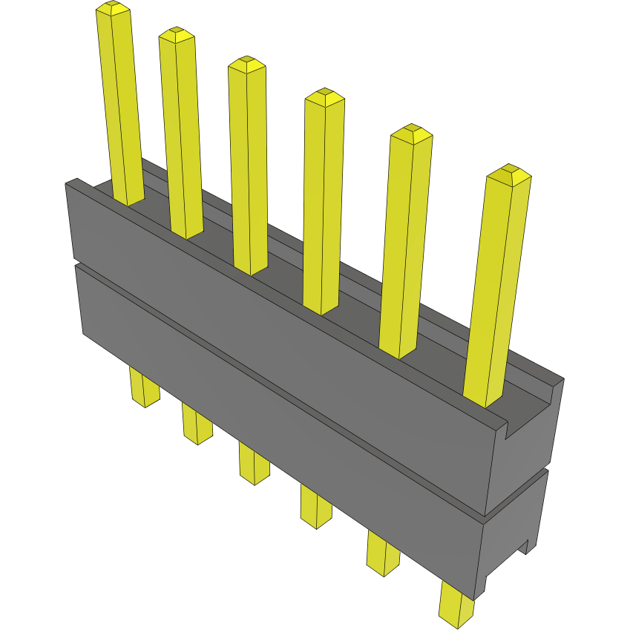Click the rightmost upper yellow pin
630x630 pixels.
(x=496, y=289)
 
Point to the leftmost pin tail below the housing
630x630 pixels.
(x=144, y=387)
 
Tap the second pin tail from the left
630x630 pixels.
(x=197, y=424)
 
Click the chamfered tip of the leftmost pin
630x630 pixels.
(x=113, y=9)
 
